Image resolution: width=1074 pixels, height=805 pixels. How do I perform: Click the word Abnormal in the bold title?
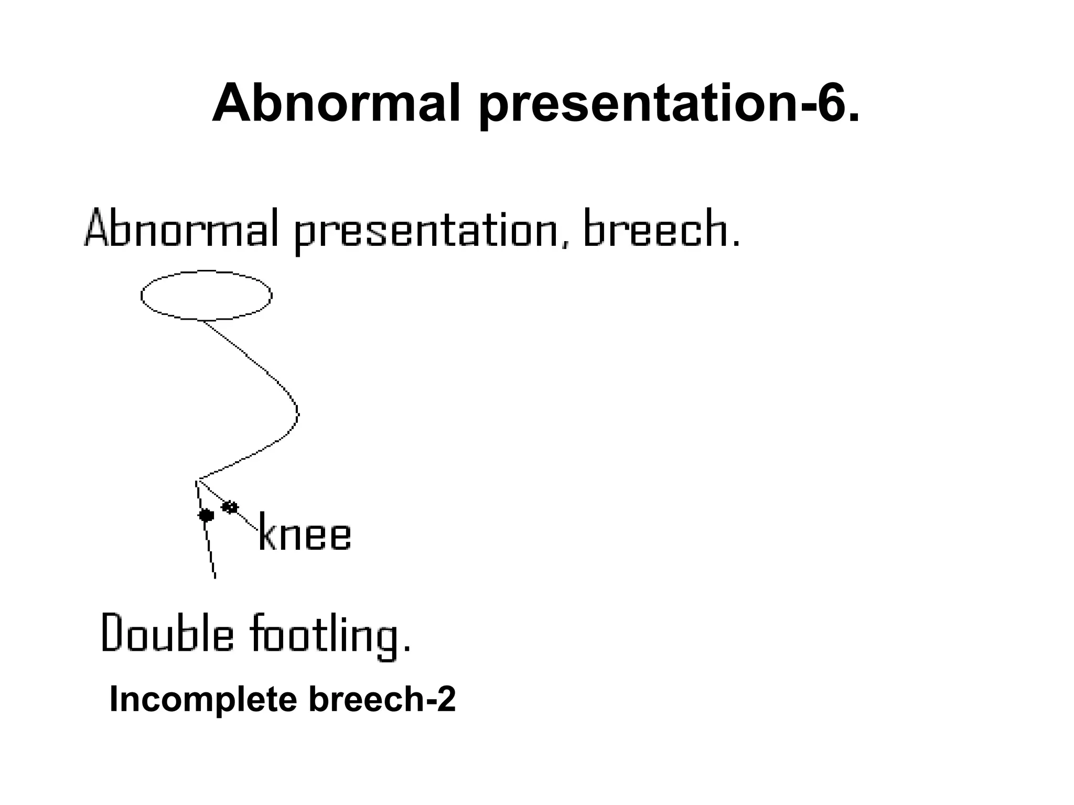pos(336,103)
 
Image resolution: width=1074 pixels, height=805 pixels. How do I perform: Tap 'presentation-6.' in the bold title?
pos(669,105)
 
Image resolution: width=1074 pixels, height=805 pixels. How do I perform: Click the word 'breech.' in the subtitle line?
pos(661,229)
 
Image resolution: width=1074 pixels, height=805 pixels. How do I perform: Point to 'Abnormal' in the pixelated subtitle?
pos(181,229)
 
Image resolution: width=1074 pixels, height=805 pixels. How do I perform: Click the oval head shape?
pos(207,295)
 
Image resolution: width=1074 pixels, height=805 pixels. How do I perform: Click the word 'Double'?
pos(167,633)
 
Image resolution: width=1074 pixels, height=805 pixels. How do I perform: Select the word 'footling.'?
pos(329,635)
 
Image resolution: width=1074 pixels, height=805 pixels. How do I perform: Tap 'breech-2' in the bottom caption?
pos(382,699)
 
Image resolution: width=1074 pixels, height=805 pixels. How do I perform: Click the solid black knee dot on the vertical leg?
pos(206,515)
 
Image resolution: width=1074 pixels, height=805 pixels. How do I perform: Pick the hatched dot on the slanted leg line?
pos(230,507)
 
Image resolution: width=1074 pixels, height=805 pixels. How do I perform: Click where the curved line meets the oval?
pos(204,320)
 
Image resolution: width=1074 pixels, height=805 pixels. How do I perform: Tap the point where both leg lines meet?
pos(197,480)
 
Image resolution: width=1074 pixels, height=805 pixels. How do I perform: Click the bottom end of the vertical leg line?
pos(214,577)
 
